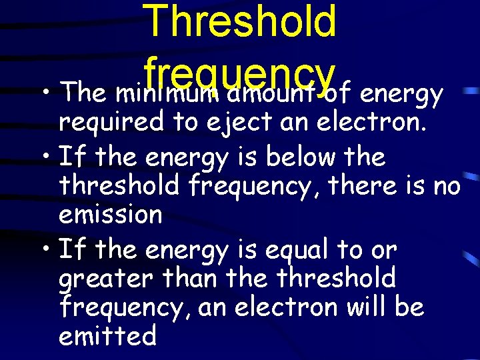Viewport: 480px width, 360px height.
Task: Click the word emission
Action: [x=110, y=215]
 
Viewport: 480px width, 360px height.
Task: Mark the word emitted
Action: [x=107, y=335]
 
